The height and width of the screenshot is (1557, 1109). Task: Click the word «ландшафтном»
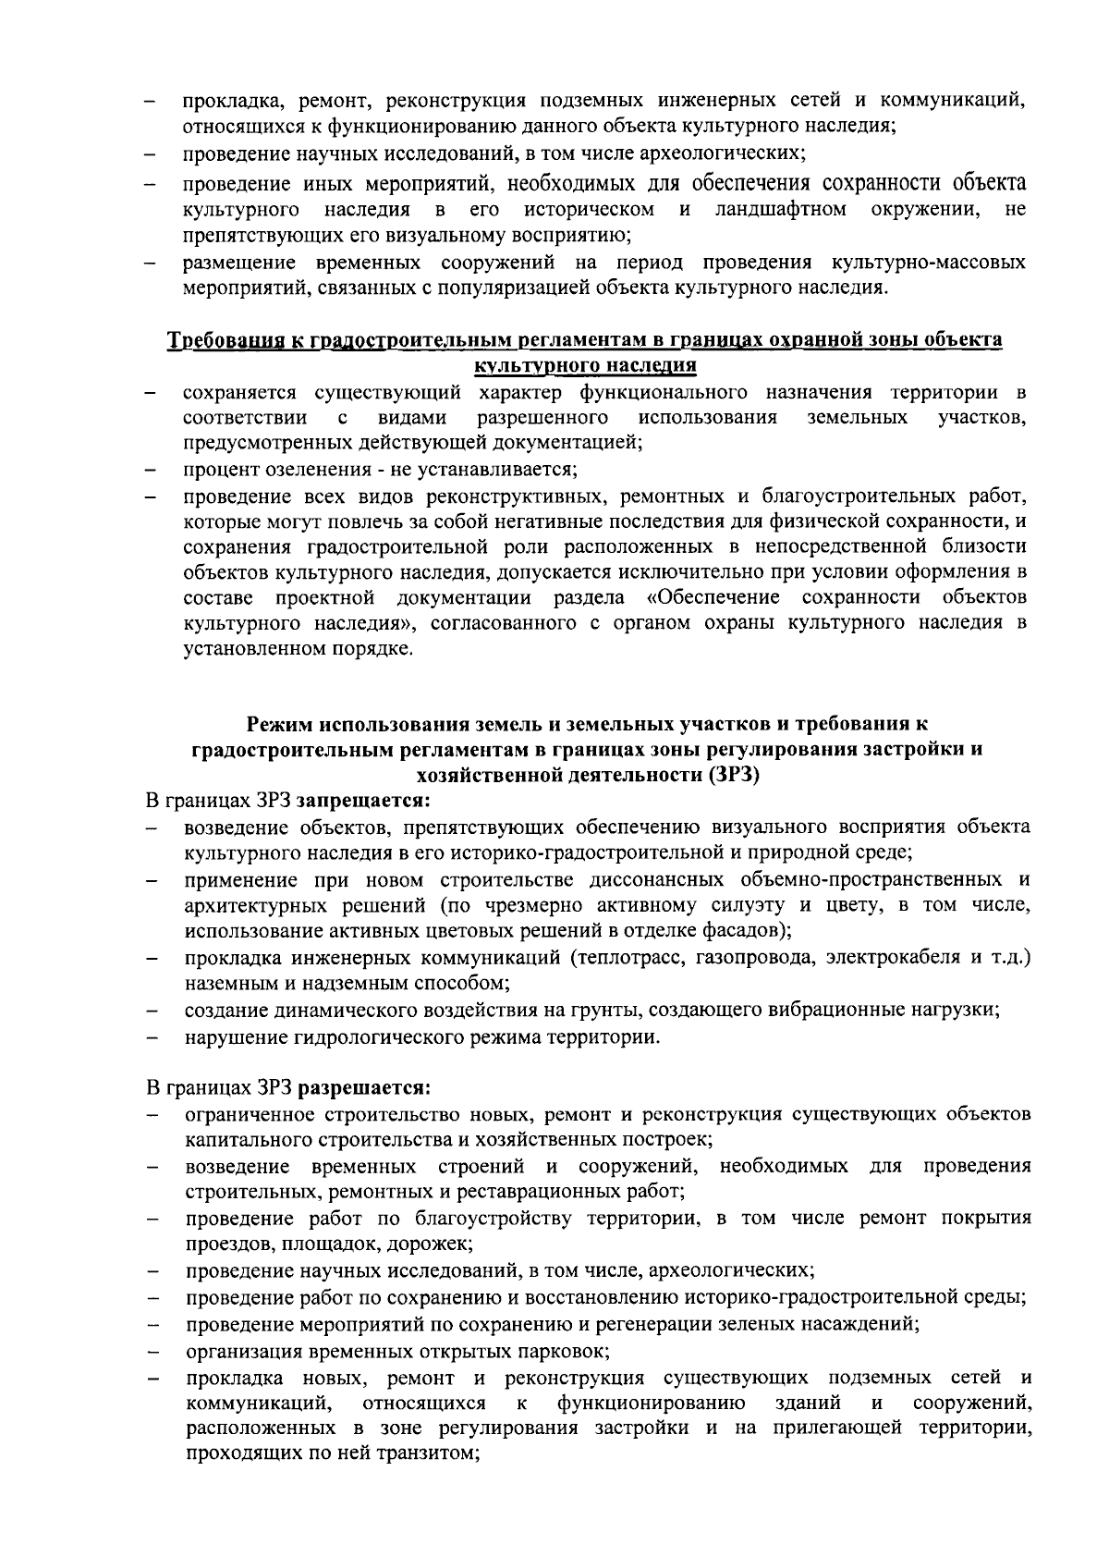[780, 208]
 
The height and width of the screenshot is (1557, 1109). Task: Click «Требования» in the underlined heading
[217, 340]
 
